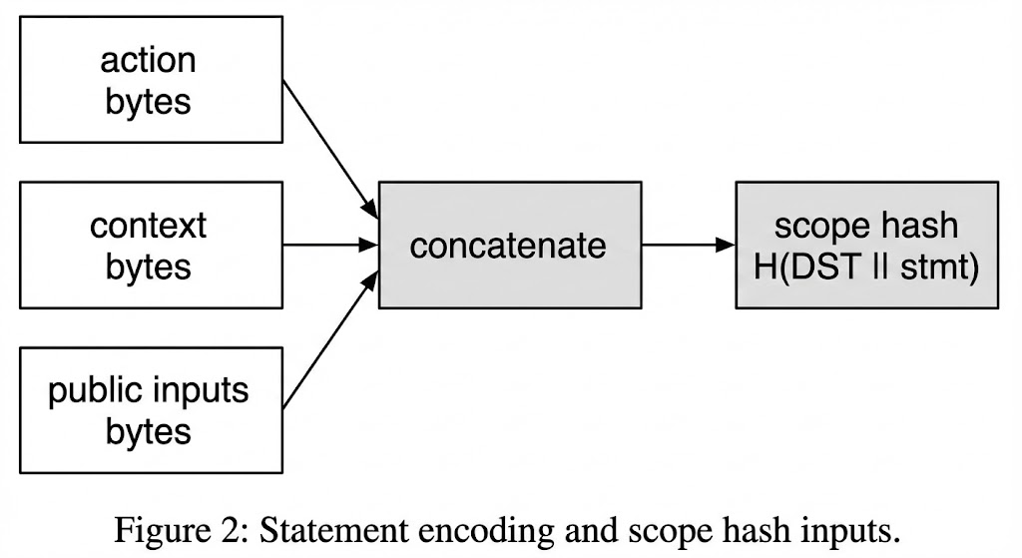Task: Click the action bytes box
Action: pyautogui.click(x=147, y=80)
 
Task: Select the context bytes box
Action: pyautogui.click(x=147, y=245)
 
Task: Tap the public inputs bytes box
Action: pyautogui.click(x=147, y=409)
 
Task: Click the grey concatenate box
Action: pyautogui.click(x=509, y=245)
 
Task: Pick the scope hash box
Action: pyautogui.click(x=866, y=245)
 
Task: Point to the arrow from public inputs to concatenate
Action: pyautogui.click(x=329, y=339)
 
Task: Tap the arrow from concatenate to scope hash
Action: pyautogui.click(x=689, y=245)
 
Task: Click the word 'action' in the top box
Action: pyautogui.click(x=148, y=61)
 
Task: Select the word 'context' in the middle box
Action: pyautogui.click(x=148, y=226)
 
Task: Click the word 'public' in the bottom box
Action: pyautogui.click(x=96, y=389)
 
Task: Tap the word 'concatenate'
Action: pyautogui.click(x=508, y=246)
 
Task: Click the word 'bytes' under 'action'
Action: pyautogui.click(x=148, y=101)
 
